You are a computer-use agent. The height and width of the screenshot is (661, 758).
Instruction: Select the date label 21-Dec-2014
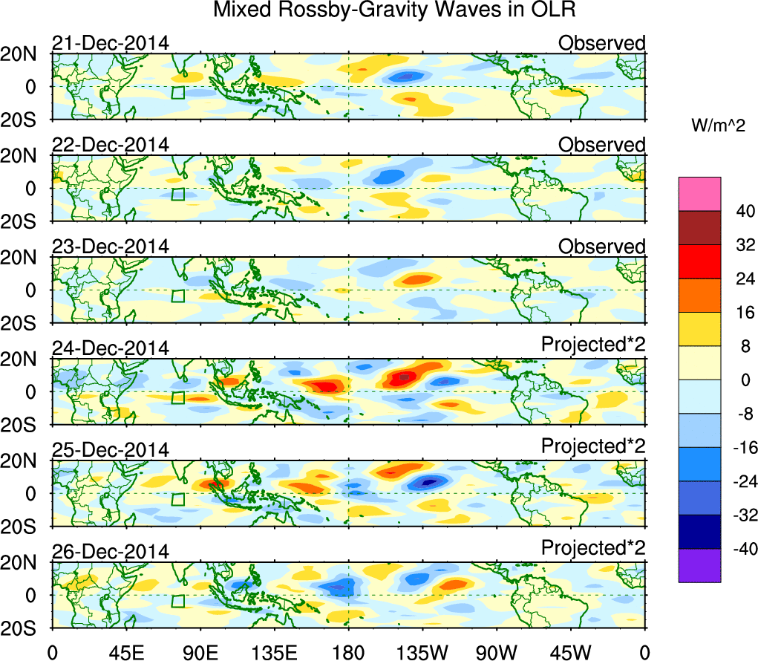[111, 43]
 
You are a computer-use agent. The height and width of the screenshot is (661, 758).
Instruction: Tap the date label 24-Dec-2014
[111, 348]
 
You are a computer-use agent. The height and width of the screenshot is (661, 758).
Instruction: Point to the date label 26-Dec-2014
[111, 551]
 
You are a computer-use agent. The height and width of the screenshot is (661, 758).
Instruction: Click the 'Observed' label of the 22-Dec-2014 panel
[602, 145]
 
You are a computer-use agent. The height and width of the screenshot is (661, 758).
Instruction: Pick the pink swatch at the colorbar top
[699, 194]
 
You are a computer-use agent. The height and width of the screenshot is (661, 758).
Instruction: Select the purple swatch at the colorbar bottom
[699, 566]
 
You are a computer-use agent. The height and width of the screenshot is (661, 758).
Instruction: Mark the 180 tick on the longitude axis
[348, 652]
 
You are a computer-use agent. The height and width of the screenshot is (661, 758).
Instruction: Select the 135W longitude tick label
[423, 652]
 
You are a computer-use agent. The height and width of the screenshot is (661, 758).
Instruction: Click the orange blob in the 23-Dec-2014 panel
[416, 280]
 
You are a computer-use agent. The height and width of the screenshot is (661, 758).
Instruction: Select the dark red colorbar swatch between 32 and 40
[699, 228]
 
